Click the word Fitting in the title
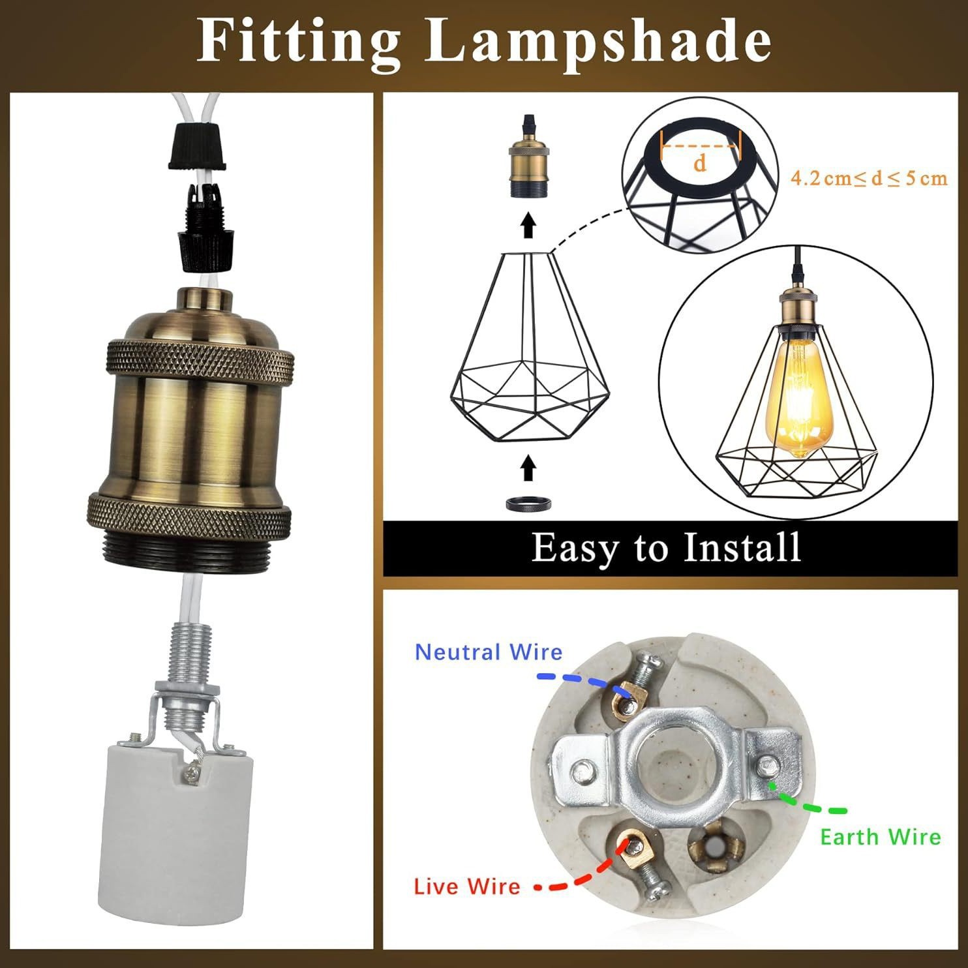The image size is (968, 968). point(298,40)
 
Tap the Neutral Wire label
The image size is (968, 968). point(489,652)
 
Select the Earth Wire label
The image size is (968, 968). point(881,837)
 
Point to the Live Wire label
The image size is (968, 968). point(467,886)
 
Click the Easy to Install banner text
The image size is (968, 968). point(665,547)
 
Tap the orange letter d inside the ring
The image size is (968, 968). point(700,163)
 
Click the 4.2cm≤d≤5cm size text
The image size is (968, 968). point(869,178)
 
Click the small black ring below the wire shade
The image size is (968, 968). point(529,504)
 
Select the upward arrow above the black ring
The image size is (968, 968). point(529,469)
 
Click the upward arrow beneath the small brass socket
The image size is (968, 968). point(529,226)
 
